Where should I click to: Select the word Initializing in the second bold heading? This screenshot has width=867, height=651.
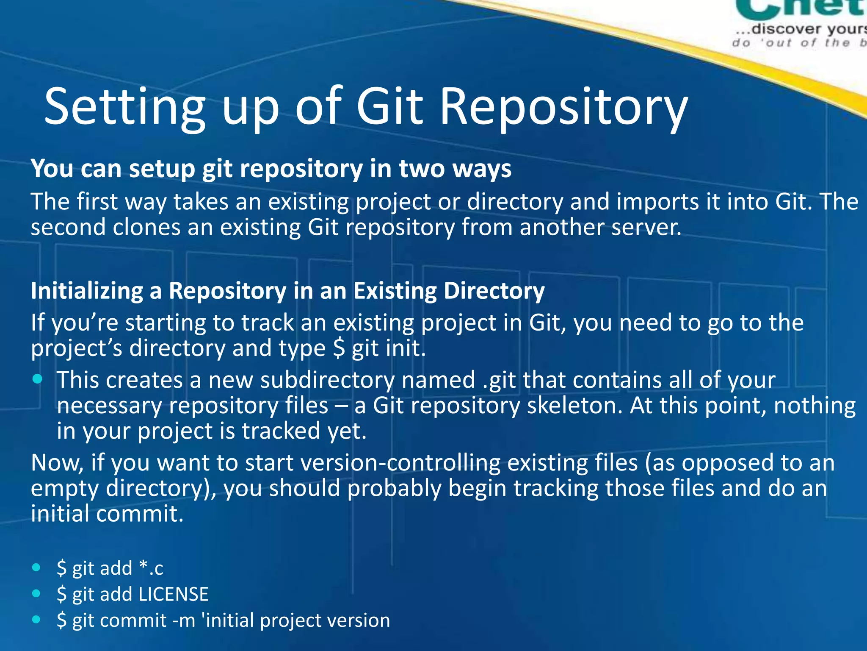87,292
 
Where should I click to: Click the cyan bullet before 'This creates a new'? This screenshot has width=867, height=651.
37,379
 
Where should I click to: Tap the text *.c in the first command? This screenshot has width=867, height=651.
151,568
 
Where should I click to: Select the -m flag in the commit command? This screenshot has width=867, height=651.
184,620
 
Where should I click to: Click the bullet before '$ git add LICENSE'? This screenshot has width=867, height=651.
36,593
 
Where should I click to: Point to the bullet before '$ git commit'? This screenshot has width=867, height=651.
36,620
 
